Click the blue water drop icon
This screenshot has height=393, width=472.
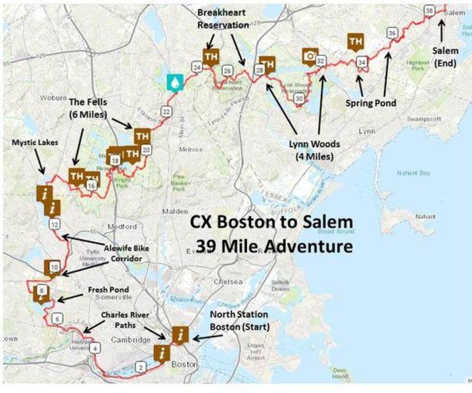(175, 81)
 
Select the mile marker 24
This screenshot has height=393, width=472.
(196, 67)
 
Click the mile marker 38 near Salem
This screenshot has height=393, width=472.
(429, 11)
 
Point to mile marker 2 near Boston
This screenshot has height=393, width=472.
(140, 367)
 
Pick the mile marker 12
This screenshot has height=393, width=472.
(55, 224)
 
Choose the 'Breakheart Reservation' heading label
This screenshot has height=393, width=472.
(223, 19)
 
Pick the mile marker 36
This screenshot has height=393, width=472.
(392, 33)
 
